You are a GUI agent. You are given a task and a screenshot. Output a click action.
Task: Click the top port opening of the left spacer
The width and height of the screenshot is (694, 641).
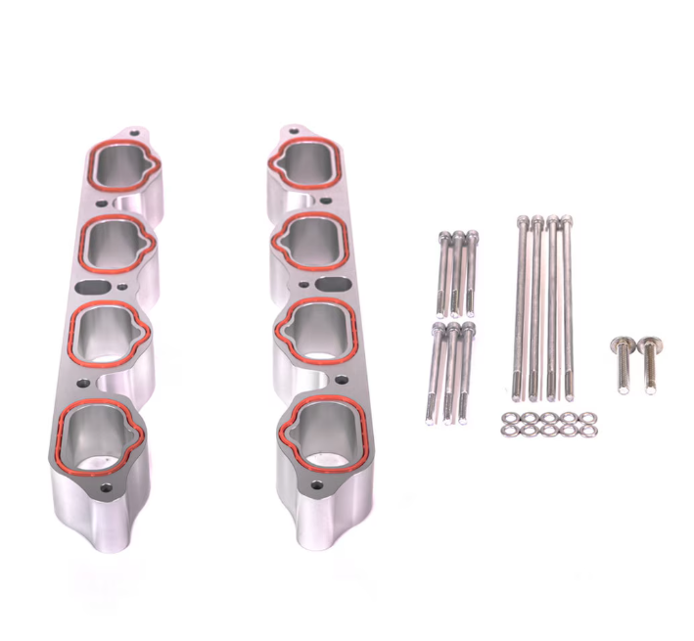point(120,167)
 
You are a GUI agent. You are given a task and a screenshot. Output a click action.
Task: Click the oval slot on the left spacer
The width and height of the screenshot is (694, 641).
point(95,288)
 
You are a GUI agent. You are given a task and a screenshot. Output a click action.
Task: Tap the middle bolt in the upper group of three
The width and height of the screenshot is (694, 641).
point(457,274)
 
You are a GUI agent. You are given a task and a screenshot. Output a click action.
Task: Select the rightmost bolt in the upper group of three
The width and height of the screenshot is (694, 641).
point(472,274)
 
